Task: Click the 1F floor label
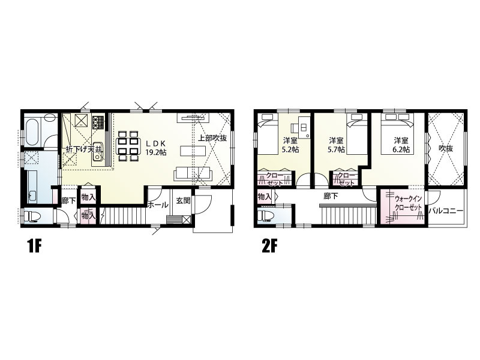pyautogui.click(x=34, y=247)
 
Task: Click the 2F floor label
pyautogui.click(x=269, y=247)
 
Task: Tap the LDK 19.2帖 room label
pyautogui.click(x=156, y=148)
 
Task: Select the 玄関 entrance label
pyautogui.click(x=184, y=200)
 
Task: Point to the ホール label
pyautogui.click(x=158, y=205)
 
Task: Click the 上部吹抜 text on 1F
pyautogui.click(x=212, y=138)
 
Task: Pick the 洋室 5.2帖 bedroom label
pyautogui.click(x=290, y=145)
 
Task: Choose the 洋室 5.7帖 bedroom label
pyautogui.click(x=337, y=145)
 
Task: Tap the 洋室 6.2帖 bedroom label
pyautogui.click(x=401, y=145)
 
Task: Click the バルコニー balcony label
pyautogui.click(x=446, y=211)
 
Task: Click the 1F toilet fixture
pyautogui.click(x=32, y=216)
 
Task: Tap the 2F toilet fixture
pyautogui.click(x=266, y=215)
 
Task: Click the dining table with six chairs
pyautogui.click(x=128, y=146)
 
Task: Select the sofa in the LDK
pyautogui.click(x=193, y=174)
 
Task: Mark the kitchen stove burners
pyautogui.click(x=98, y=121)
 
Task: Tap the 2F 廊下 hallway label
pyautogui.click(x=331, y=196)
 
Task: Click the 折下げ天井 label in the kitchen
pyautogui.click(x=84, y=149)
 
